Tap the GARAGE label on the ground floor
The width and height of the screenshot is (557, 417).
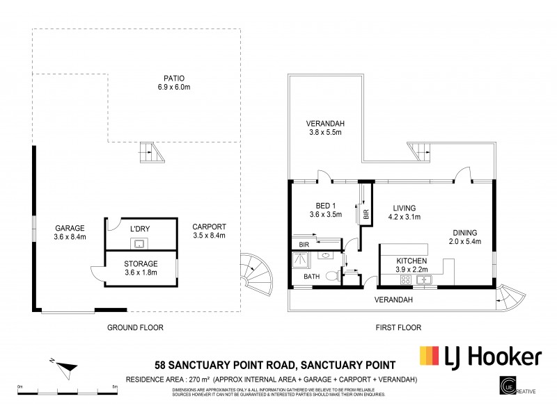tap(70, 228)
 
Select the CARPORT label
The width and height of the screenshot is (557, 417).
tap(209, 227)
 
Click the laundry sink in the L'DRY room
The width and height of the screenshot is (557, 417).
tap(139, 243)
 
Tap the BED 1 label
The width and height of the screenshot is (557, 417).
tap(322, 205)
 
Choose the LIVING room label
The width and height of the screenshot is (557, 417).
tap(404, 207)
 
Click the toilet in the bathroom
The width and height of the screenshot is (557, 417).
tap(332, 276)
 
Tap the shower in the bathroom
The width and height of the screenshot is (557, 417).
tap(303, 261)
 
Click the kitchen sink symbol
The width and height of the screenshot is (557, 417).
tap(426, 279)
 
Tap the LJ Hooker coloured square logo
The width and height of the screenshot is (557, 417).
tap(428, 357)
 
